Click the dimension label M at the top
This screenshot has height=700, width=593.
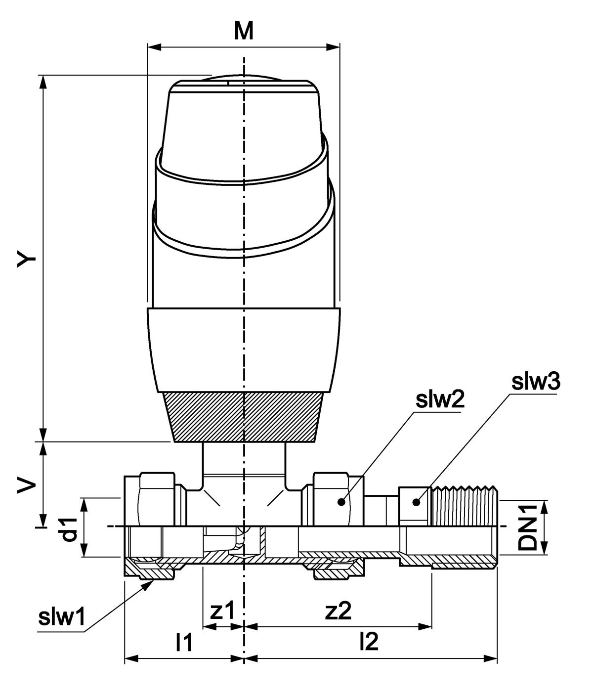click(244, 31)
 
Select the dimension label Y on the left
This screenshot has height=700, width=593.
click(27, 258)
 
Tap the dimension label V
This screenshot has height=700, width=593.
click(27, 485)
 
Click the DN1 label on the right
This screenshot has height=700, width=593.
click(528, 527)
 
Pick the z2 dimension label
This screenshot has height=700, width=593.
click(338, 612)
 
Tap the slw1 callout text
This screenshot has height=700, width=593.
click(62, 617)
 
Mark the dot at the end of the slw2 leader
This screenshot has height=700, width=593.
click(340, 502)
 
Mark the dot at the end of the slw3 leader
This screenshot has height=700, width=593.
click(417, 502)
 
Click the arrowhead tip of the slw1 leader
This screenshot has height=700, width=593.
click(152, 581)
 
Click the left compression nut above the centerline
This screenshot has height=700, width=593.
click(157, 499)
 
